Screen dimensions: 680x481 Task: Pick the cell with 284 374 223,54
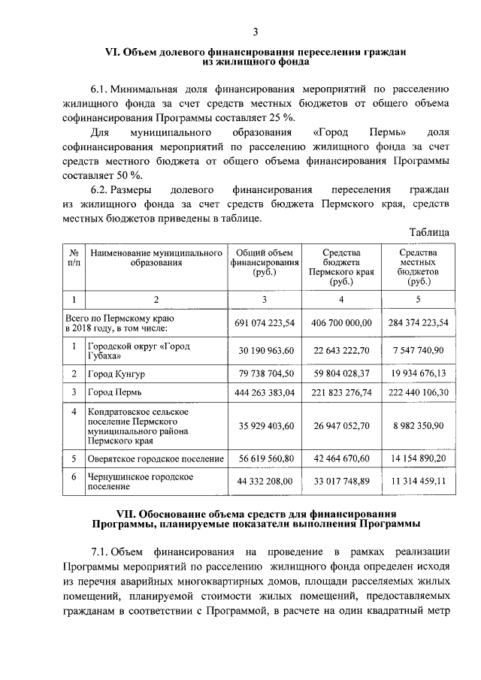click(415, 322)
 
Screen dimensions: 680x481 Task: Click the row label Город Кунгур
click(116, 373)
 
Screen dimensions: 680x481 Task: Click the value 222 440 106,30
click(415, 392)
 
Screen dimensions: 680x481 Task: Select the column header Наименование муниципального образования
click(156, 258)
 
